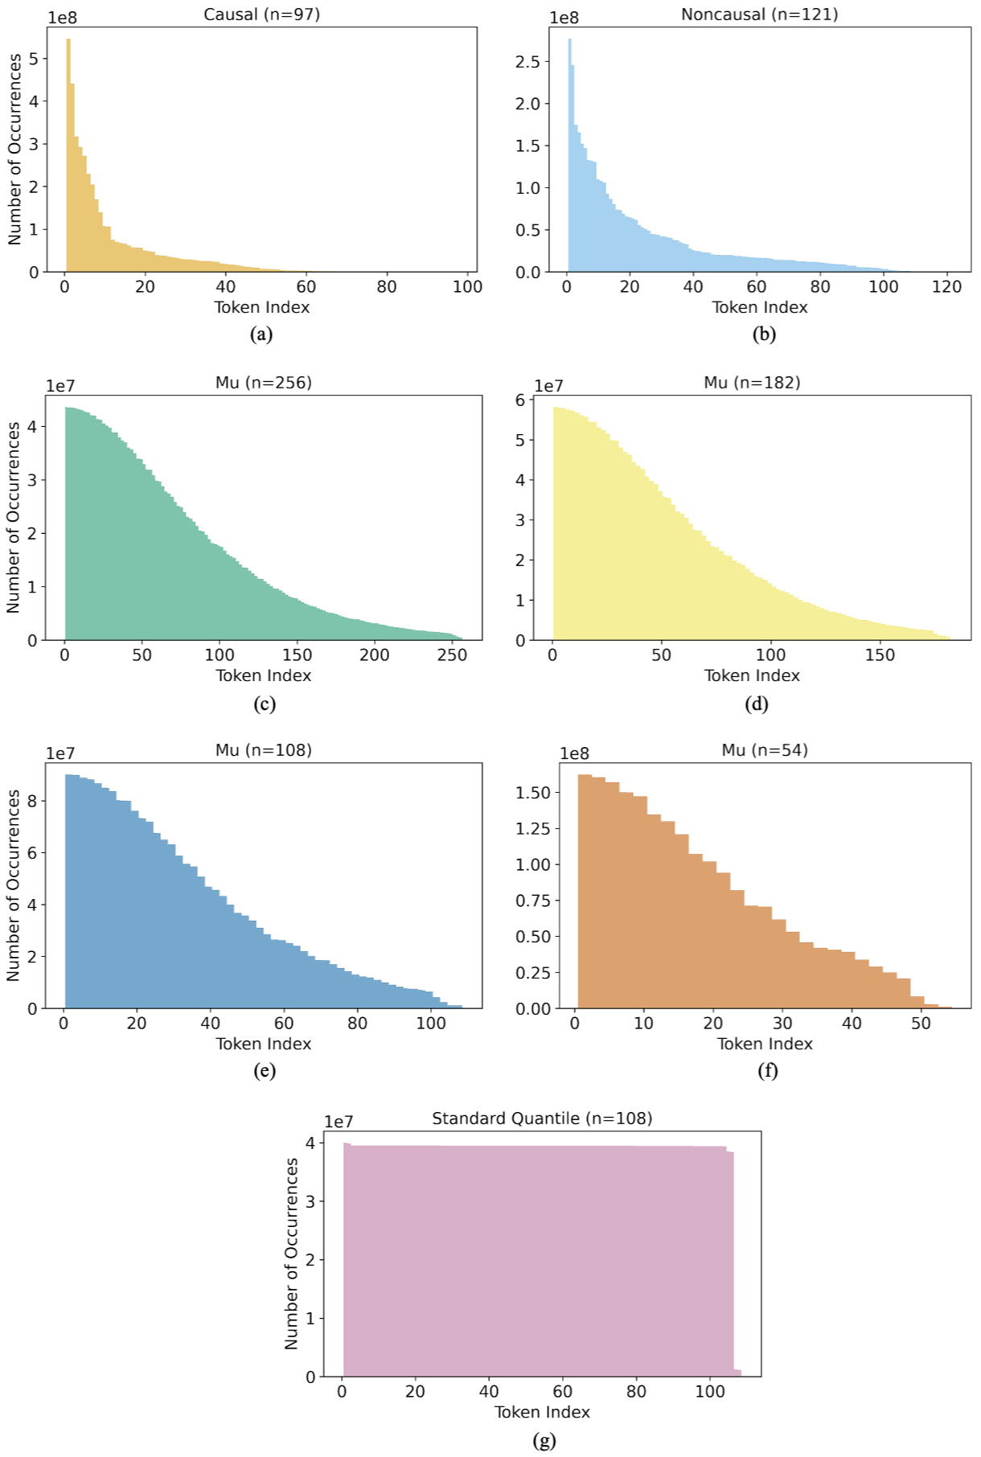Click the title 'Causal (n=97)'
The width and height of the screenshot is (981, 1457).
(x=261, y=14)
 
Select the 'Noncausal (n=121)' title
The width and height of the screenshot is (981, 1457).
(x=759, y=14)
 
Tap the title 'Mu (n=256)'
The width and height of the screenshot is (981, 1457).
(x=263, y=383)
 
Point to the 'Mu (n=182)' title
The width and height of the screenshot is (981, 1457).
(x=752, y=383)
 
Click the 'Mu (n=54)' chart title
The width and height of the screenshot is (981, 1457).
(x=764, y=750)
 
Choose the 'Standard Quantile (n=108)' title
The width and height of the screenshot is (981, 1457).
(x=542, y=1118)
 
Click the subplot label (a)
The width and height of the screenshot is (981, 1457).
(x=261, y=334)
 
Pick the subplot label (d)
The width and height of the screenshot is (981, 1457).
(x=757, y=704)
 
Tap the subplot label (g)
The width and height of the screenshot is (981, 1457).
(x=544, y=1440)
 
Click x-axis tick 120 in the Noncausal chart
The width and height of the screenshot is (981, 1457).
(x=946, y=287)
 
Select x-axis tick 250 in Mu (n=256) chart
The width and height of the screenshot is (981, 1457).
(x=452, y=655)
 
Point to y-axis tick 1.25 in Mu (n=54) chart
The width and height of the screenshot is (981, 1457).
(x=534, y=829)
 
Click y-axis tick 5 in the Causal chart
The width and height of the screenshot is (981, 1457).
(x=34, y=59)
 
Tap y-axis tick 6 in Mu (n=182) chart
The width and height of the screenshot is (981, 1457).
(x=520, y=400)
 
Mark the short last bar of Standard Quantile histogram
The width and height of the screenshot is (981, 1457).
(x=737, y=1373)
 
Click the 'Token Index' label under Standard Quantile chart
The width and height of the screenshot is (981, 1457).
(x=542, y=1412)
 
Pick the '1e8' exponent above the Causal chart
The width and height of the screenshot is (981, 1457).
(x=62, y=18)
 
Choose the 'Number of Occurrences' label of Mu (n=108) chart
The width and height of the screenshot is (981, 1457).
(x=13, y=884)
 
